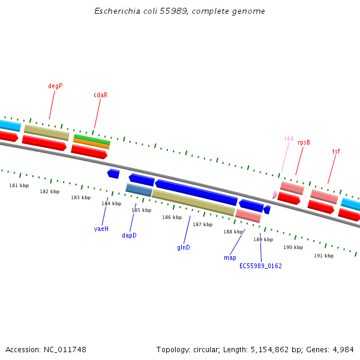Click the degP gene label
pyautogui.click(x=55, y=86)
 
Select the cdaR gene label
pyautogui.click(x=100, y=95)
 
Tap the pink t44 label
pyautogui.click(x=289, y=139)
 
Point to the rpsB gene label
pyautogui.click(x=304, y=142)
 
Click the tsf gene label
pyautogui.click(x=336, y=151)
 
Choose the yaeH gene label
pyautogui.click(x=101, y=229)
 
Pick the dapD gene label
pyautogui.click(x=129, y=235)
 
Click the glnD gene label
pyautogui.click(x=183, y=247)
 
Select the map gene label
pyautogui.click(x=230, y=257)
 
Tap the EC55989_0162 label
pyautogui.click(x=260, y=266)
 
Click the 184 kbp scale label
pyautogui.click(x=111, y=203)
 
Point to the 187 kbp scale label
pyautogui.click(x=202, y=224)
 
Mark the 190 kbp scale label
pyautogui.click(x=293, y=247)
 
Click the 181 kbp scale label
pyautogui.click(x=19, y=185)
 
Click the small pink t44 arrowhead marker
pyautogui.click(x=275, y=194)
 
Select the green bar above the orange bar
pyautogui.click(x=92, y=139)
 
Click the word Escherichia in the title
pyautogui.click(x=115, y=11)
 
